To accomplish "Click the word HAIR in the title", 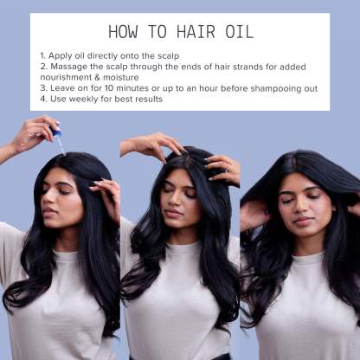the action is [196, 32].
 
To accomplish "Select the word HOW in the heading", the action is [123, 32].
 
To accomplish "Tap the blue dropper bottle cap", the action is [56, 132].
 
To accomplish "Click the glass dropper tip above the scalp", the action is [63, 151].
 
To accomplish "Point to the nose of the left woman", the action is [48, 201].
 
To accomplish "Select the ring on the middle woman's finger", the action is [228, 167].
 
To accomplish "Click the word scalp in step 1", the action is [168, 56].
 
